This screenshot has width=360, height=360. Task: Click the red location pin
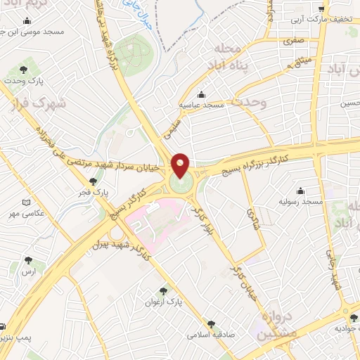(x=181, y=166)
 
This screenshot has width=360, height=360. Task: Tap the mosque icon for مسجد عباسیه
(x=202, y=94)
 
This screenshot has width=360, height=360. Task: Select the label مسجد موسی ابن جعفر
(x=33, y=32)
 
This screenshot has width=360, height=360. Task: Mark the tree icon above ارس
(x=28, y=259)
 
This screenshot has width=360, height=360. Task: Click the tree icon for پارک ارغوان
(x=163, y=290)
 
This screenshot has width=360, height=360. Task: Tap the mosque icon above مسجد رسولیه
(x=301, y=190)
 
